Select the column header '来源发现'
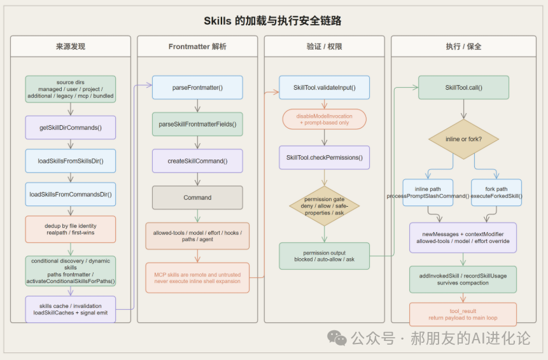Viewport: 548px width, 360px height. click(x=71, y=46)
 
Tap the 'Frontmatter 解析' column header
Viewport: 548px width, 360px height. click(x=197, y=46)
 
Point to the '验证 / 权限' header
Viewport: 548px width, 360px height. click(x=324, y=46)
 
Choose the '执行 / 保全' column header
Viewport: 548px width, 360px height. click(x=463, y=46)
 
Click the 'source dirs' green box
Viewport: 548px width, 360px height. click(x=71, y=89)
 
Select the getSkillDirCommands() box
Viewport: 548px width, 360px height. click(x=71, y=127)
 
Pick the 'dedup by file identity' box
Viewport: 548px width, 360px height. click(x=71, y=229)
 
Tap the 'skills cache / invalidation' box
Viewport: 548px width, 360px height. click(x=71, y=308)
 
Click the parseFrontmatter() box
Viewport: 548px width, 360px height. click(x=197, y=87)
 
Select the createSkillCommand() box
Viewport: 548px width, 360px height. click(x=197, y=161)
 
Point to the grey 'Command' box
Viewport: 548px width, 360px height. click(x=197, y=197)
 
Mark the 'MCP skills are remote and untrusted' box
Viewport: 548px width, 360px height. click(x=197, y=277)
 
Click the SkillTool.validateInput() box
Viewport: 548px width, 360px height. click(x=324, y=87)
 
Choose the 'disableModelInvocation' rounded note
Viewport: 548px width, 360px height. click(x=324, y=120)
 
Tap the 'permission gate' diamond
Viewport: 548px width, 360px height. click(x=324, y=205)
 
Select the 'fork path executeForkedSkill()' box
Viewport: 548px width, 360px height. click(x=496, y=192)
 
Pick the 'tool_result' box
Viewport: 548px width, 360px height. click(x=463, y=314)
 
